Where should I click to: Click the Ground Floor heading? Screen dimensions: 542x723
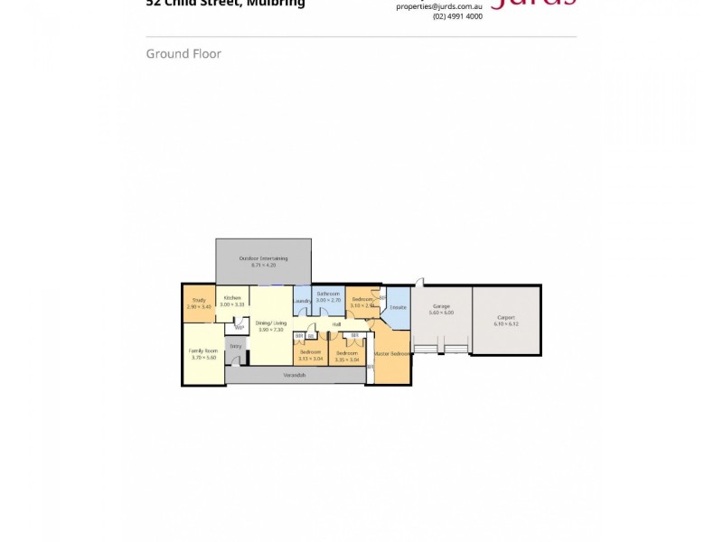183,53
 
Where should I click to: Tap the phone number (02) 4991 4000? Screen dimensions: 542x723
457,16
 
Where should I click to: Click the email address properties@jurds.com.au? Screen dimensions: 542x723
439,6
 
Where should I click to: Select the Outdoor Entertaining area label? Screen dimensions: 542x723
263,259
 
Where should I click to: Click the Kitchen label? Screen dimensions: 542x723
232,297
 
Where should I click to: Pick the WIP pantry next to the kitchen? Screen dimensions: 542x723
239,327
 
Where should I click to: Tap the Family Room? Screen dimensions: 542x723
202,353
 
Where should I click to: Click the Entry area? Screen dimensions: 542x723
235,346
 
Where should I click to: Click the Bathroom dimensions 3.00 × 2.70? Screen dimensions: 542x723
328,299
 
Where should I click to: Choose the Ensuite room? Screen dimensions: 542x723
399,307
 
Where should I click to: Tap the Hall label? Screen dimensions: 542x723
336,323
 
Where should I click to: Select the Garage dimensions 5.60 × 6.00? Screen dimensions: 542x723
441,313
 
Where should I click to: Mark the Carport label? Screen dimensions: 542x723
505,318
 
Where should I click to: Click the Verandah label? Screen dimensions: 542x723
294,374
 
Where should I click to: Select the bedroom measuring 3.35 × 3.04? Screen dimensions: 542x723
347,355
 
